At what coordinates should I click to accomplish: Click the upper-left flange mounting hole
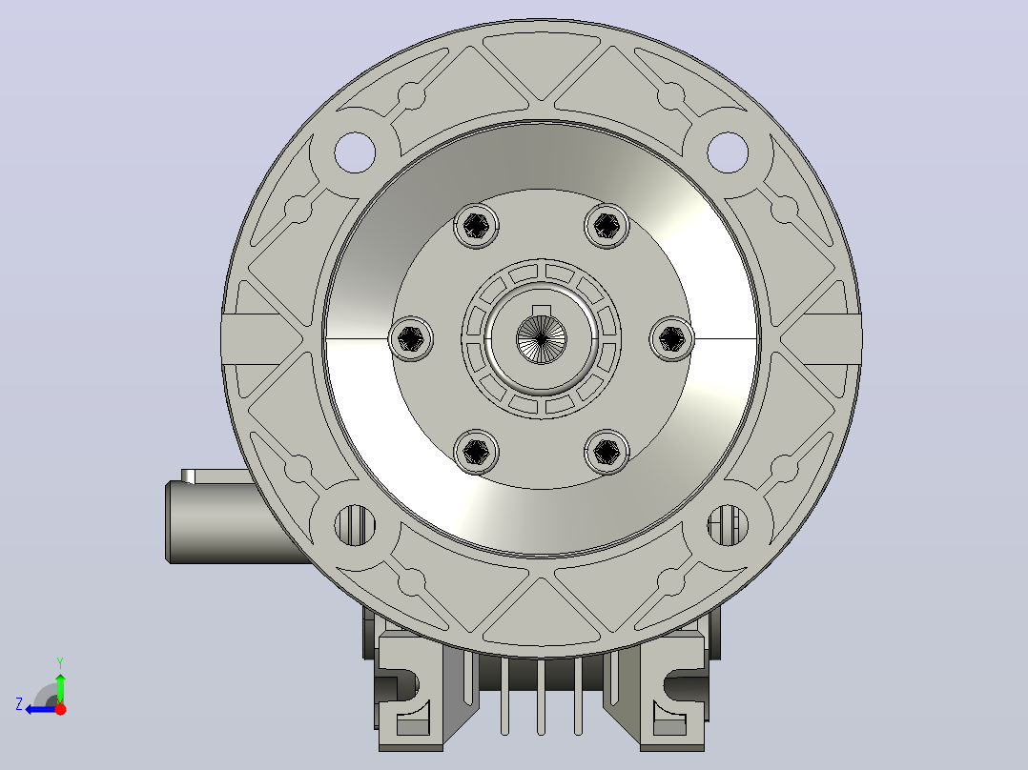355,152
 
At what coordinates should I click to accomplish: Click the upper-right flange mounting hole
728,152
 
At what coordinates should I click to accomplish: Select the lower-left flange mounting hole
355,525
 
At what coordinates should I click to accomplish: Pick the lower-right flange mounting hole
728,525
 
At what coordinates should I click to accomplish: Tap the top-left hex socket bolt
476,226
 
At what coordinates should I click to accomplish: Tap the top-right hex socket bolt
607,226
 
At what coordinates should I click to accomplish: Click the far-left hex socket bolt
411,339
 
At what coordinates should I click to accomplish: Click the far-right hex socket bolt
672,339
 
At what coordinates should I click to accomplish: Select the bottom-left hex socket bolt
476,452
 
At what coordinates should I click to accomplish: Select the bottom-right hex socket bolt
607,452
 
